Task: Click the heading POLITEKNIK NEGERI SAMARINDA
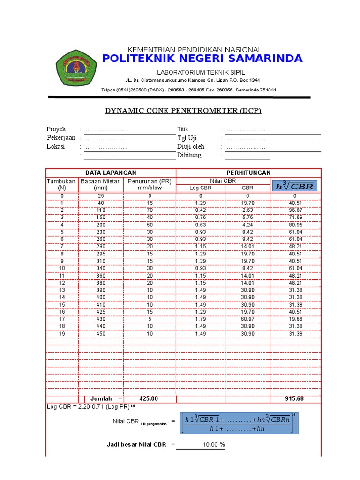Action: click(x=202, y=59)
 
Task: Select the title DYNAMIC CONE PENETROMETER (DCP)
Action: click(x=182, y=111)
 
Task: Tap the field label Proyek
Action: click(x=56, y=129)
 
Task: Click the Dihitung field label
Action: click(x=189, y=155)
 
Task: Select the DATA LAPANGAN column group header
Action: click(x=111, y=173)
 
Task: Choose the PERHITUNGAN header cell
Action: click(x=248, y=173)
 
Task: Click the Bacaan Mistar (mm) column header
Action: click(x=100, y=184)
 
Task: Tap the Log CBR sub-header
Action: click(x=200, y=188)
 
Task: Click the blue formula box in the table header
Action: click(x=295, y=186)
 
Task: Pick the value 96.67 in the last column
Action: click(x=295, y=210)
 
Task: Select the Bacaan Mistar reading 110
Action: click(x=100, y=210)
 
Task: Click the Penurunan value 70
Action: click(x=150, y=210)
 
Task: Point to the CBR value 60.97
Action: click(x=247, y=320)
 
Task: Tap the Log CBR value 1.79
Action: click(x=200, y=320)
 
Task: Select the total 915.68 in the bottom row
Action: click(x=295, y=399)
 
